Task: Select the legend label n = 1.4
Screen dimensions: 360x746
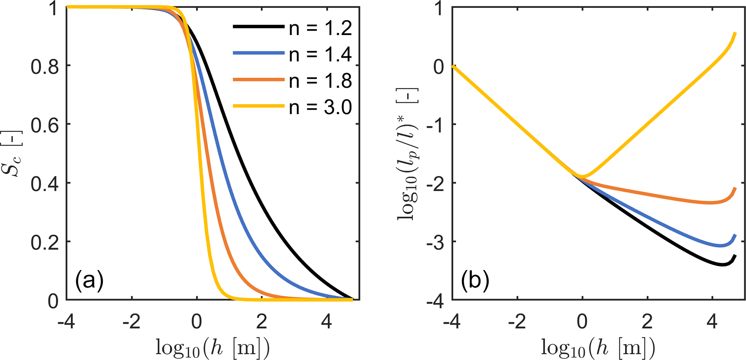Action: pyautogui.click(x=320, y=54)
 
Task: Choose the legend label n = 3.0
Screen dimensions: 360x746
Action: pyautogui.click(x=320, y=107)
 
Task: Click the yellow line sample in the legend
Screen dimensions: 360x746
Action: pyautogui.click(x=258, y=106)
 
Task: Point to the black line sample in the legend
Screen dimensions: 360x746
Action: pyautogui.click(x=258, y=26)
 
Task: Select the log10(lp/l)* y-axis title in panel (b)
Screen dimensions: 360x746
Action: pyautogui.click(x=408, y=153)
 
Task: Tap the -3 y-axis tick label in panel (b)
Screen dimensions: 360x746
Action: pyautogui.click(x=435, y=242)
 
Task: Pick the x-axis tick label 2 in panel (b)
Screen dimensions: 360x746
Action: pyautogui.click(x=647, y=321)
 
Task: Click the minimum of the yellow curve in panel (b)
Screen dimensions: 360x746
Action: pyautogui.click(x=583, y=177)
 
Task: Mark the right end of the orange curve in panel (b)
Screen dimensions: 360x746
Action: pyautogui.click(x=735, y=188)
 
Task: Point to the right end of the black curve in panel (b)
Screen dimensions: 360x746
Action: pyautogui.click(x=735, y=256)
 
